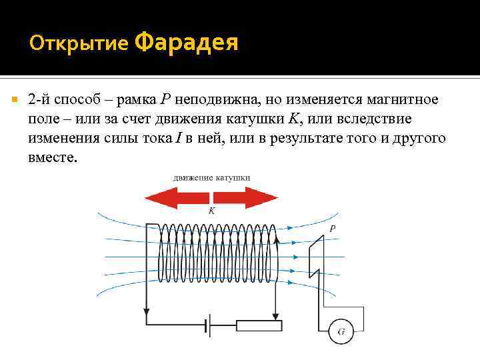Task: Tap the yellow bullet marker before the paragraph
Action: coord(14,99)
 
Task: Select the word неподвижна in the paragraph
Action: coord(224,100)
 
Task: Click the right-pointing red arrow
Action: coord(246,198)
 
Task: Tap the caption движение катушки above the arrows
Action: coord(211,178)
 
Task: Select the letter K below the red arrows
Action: coord(211,211)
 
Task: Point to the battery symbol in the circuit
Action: coord(208,326)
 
